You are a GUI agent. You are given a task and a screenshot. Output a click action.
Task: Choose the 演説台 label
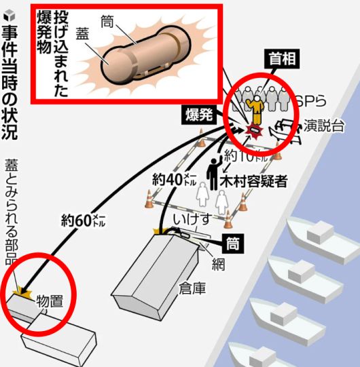point(323,125)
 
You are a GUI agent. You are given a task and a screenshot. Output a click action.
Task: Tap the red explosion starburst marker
point(254,132)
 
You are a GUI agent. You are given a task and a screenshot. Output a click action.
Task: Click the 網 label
point(218,264)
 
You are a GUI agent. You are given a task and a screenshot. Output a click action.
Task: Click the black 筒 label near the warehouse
point(234,242)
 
